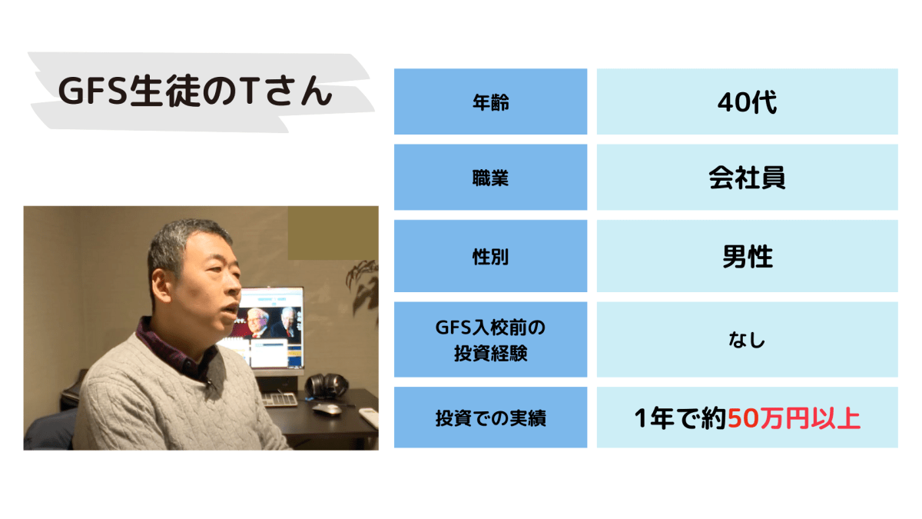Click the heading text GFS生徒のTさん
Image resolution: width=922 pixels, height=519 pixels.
pos(195,91)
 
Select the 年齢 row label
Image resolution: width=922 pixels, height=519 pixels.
pos(491,102)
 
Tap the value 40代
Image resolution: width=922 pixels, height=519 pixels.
pos(747,102)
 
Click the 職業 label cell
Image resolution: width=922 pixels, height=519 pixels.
pos(491,178)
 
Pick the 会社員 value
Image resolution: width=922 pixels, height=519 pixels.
pos(747,178)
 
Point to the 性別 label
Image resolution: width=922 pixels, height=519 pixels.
pos(491,257)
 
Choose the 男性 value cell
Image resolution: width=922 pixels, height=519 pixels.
pos(747,257)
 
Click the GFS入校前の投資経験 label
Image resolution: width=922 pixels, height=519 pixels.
pos(491,340)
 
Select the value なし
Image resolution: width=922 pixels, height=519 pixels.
pos(747,340)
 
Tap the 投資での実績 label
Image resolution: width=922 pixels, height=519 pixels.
pos(491,418)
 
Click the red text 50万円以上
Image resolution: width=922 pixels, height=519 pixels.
pos(794,418)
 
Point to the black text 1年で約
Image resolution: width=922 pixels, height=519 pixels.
pos(681,418)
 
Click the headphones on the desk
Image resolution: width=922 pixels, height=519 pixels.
pos(327,386)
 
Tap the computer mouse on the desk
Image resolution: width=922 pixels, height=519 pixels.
pos(327,408)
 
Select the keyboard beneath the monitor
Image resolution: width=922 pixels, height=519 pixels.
pos(280,400)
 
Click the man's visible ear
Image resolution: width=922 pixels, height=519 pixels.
pos(161,285)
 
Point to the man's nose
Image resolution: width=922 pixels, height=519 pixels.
pos(234,284)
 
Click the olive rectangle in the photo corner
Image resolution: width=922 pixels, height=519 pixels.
pos(333,233)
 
